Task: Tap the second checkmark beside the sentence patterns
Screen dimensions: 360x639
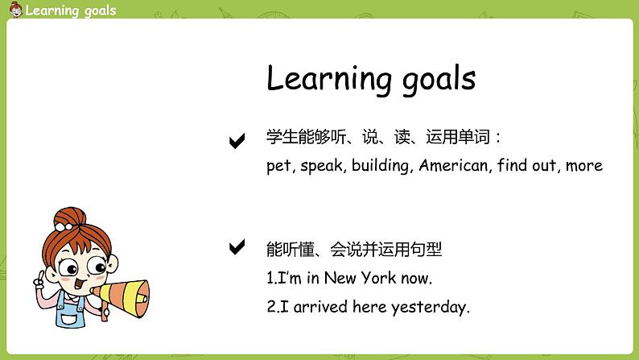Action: click(x=237, y=247)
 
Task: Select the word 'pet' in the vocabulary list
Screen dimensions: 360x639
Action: click(x=279, y=166)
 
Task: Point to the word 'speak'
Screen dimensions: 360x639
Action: click(x=322, y=166)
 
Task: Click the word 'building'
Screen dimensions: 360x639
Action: click(x=382, y=166)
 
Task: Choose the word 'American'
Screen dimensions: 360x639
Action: click(x=454, y=165)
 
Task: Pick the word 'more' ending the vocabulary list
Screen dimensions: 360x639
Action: click(x=583, y=165)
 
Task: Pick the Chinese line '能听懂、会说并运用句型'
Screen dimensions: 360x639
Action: click(x=354, y=250)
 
